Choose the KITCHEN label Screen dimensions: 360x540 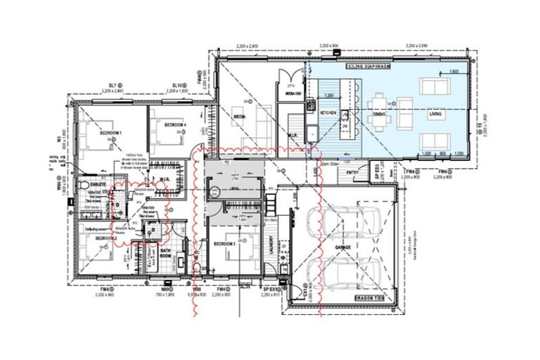tap(329, 112)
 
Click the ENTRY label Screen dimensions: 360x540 tap(353, 171)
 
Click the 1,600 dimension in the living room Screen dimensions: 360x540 tap(454, 72)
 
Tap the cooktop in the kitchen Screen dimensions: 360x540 tap(310, 105)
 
